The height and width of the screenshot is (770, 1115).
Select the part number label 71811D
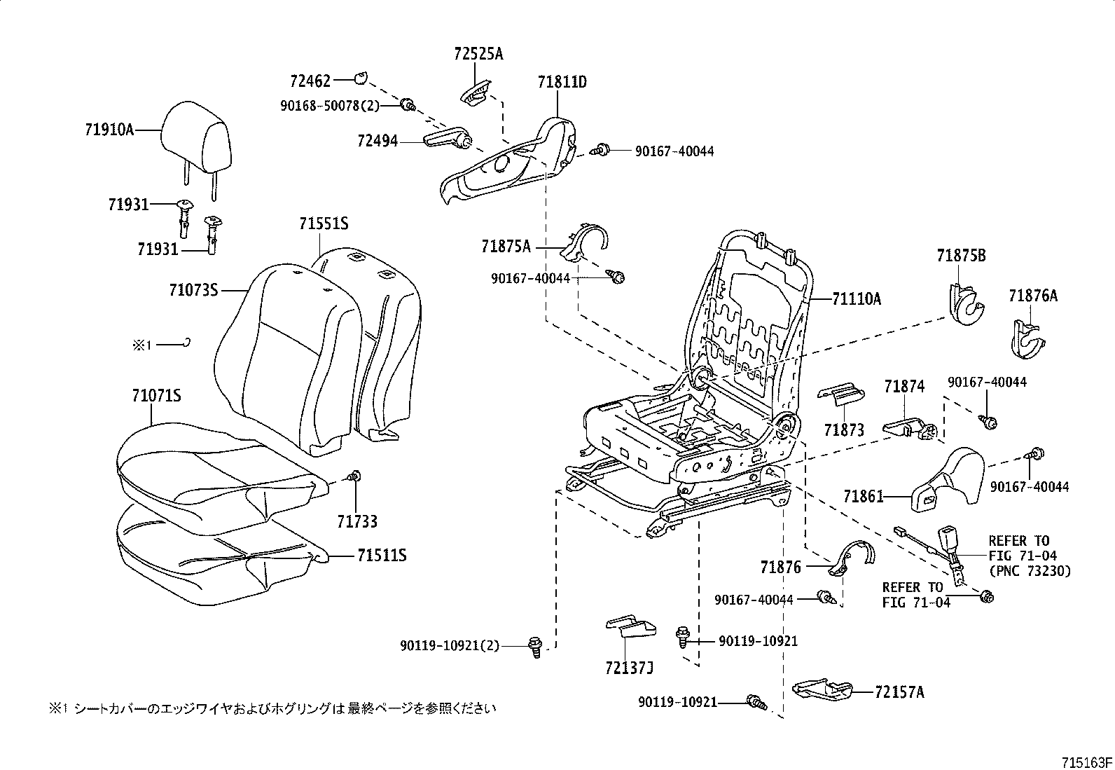coord(562,83)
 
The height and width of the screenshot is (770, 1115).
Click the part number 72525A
coord(478,54)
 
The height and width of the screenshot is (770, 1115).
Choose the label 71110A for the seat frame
coord(856,299)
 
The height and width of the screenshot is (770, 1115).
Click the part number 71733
coord(356,521)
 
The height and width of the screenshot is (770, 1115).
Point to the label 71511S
coord(382,556)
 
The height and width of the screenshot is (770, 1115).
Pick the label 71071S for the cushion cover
coord(156,397)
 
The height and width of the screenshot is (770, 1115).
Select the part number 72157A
coord(899,692)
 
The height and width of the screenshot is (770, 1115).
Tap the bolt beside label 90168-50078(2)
coord(407,106)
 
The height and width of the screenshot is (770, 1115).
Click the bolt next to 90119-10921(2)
coord(534,645)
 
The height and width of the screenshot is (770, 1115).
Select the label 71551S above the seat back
coord(323,224)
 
